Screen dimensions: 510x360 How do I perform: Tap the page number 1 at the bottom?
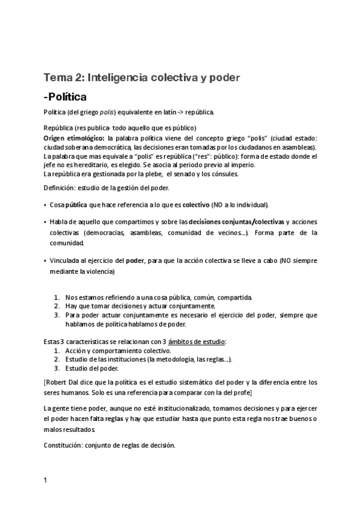pos(46,481)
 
